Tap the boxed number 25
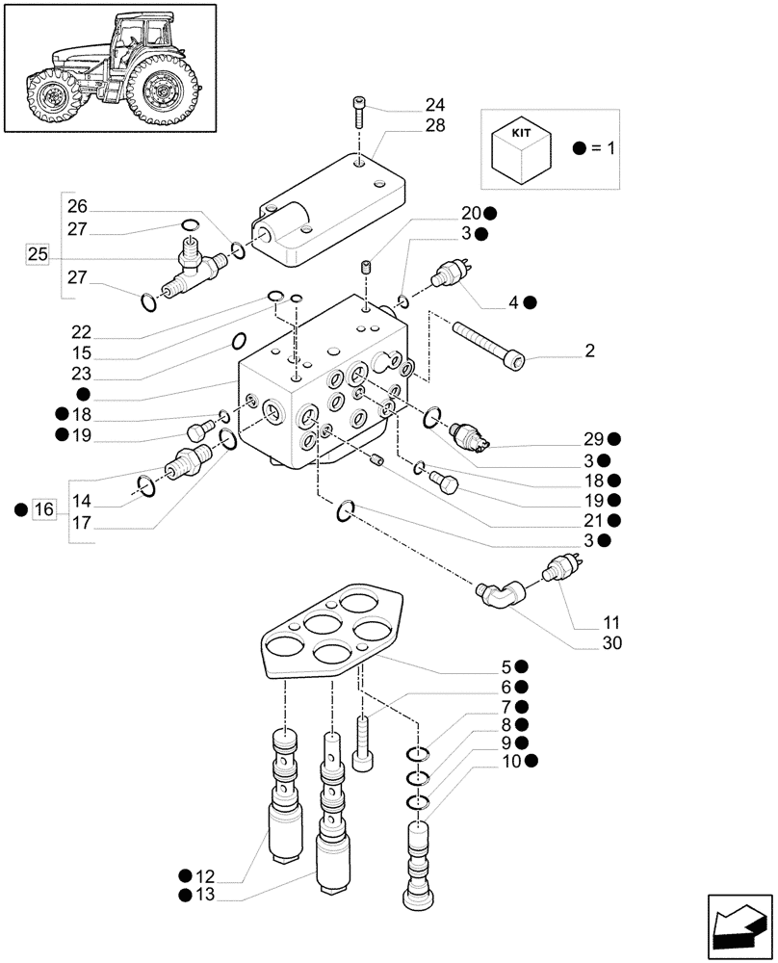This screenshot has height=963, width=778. (38, 255)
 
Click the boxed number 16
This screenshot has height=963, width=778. (44, 509)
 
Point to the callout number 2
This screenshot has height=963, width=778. (588, 351)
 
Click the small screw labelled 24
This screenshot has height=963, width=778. (357, 114)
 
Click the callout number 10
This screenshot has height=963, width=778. (510, 761)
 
